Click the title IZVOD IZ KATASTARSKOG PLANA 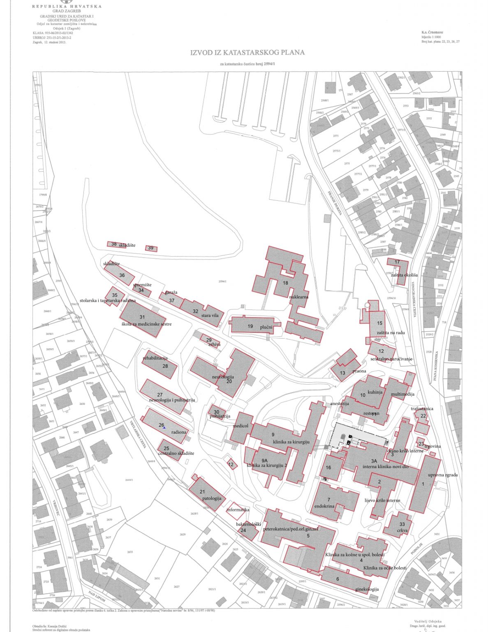[247, 53]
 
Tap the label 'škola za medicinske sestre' [146, 324]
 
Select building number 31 [142, 317]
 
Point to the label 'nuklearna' [299, 297]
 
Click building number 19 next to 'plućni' [250, 326]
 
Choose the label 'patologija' [212, 498]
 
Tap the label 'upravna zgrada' [443, 475]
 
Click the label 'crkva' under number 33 [402, 531]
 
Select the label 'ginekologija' [367, 589]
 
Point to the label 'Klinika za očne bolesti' [385, 568]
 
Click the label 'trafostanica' [422, 409]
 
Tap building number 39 [151, 248]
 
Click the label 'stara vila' [210, 316]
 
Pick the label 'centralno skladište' [176, 453]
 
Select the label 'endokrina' [324, 507]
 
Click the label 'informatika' [238, 510]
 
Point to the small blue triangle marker [164, 428]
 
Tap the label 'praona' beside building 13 [359, 371]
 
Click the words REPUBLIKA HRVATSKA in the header [67, 7]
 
